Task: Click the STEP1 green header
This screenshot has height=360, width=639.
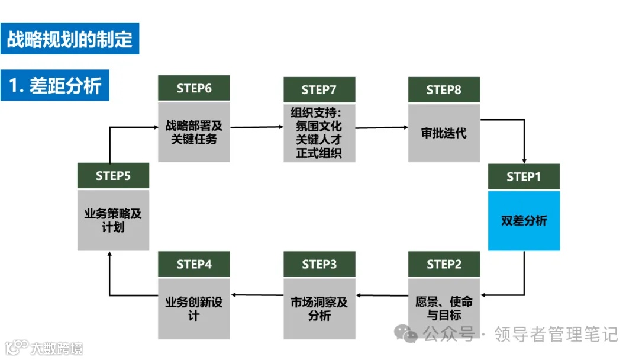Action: point(524,176)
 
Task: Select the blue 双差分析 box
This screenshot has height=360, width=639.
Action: point(524,221)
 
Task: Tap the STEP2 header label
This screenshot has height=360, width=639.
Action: point(444,264)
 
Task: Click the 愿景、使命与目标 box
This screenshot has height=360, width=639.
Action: point(444,308)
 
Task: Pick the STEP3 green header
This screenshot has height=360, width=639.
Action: point(319,264)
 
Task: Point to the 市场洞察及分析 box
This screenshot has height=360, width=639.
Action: point(319,308)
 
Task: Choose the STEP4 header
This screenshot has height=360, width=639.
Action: point(193,264)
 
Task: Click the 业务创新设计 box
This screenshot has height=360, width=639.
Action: point(193,308)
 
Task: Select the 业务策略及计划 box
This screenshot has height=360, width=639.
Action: point(113,220)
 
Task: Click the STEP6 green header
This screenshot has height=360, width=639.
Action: point(193,88)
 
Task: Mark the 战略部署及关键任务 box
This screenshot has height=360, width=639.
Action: point(193,132)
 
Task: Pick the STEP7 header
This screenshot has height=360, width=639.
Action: point(319,89)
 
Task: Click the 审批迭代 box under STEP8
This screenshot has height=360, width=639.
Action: point(444,133)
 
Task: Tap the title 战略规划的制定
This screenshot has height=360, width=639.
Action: point(69,38)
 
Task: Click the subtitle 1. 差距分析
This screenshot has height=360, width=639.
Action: point(55,86)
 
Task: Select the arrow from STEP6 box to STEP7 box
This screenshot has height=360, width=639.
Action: point(256,127)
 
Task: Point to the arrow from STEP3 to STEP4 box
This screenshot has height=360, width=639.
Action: point(256,294)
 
